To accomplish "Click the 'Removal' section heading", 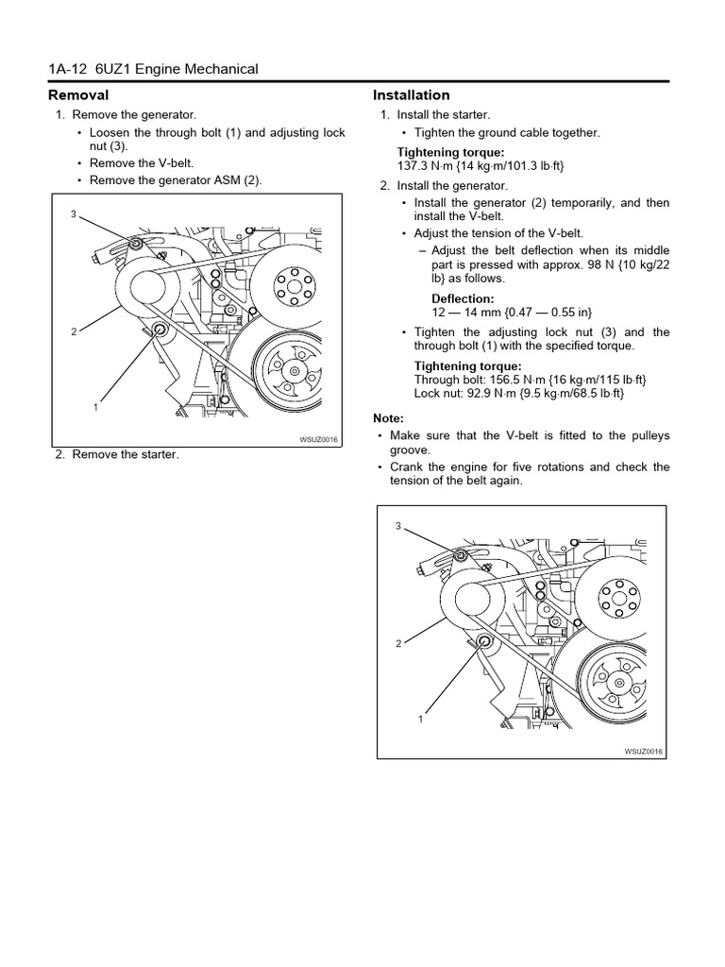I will [x=78, y=95].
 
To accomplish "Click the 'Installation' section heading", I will [x=411, y=95].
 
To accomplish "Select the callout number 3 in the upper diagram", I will [x=73, y=214].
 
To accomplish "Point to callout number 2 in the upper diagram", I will [x=73, y=332].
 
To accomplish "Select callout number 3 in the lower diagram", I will [x=398, y=525].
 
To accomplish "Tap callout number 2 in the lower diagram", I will [x=398, y=643].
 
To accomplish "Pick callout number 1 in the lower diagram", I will [x=420, y=718].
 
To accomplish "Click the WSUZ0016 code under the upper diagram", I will [x=318, y=440].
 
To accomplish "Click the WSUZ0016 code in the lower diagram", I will [x=644, y=751].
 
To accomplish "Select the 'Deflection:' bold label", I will [x=463, y=298].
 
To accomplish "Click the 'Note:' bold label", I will [x=388, y=418].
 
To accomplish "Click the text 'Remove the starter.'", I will [x=125, y=454].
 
